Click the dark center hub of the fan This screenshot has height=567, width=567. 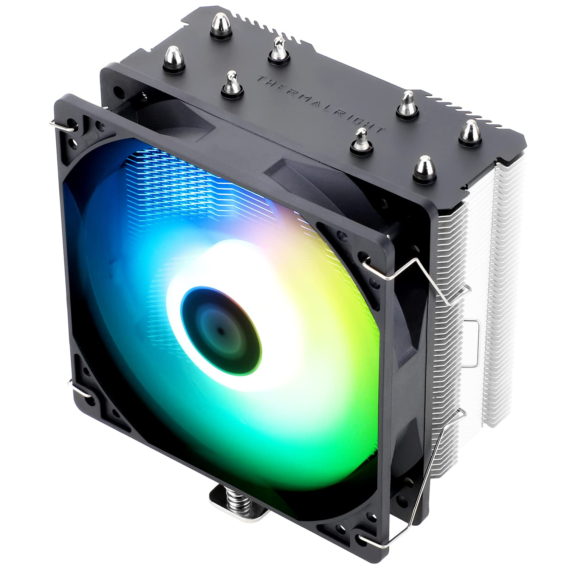coord(220,328)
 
